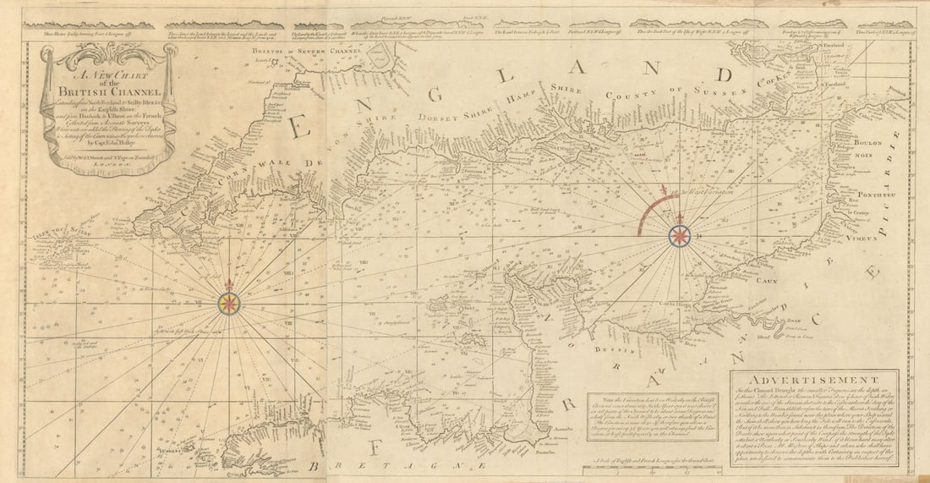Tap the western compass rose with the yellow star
pos(228,303)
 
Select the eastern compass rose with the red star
pos(679,237)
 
